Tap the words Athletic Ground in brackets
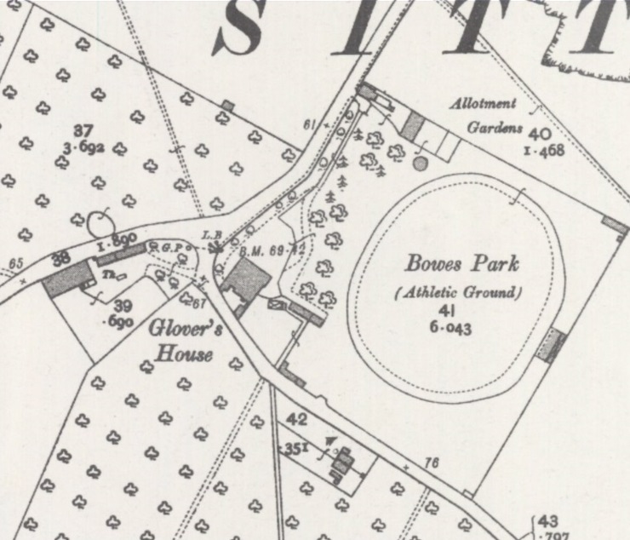pos(458,292)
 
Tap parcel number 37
pos(83,130)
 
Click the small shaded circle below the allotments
pos(420,162)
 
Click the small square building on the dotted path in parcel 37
pos(227,106)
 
